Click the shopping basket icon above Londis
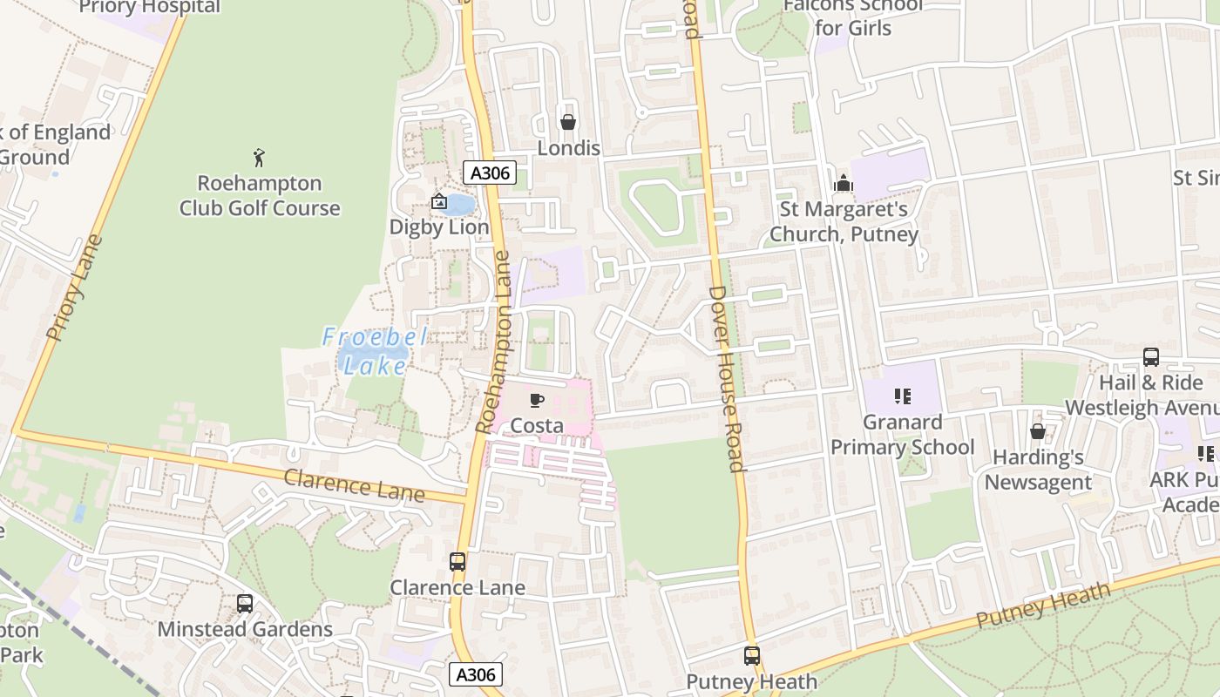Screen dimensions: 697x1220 (x=567, y=122)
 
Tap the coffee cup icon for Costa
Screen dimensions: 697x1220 (x=537, y=400)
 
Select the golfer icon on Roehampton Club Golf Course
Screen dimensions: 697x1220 (x=259, y=158)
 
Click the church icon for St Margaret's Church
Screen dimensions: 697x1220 (x=843, y=183)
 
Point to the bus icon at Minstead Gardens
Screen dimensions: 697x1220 (x=245, y=603)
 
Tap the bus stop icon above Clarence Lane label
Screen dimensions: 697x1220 (x=457, y=562)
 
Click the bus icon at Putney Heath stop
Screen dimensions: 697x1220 (x=751, y=656)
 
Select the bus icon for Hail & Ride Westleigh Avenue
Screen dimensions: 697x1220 (x=1150, y=356)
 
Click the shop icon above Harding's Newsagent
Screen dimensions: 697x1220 (x=1037, y=431)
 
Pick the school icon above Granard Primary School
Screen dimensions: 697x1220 (x=902, y=396)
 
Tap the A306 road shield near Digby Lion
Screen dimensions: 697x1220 (x=490, y=173)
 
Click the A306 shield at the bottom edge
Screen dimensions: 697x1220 (x=476, y=674)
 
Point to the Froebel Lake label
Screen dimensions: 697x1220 (x=376, y=351)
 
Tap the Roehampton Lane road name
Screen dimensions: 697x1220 (x=493, y=342)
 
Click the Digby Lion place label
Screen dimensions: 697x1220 (x=438, y=227)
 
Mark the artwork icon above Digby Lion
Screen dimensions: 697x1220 (x=438, y=202)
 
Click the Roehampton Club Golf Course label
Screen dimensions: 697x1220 (x=260, y=195)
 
